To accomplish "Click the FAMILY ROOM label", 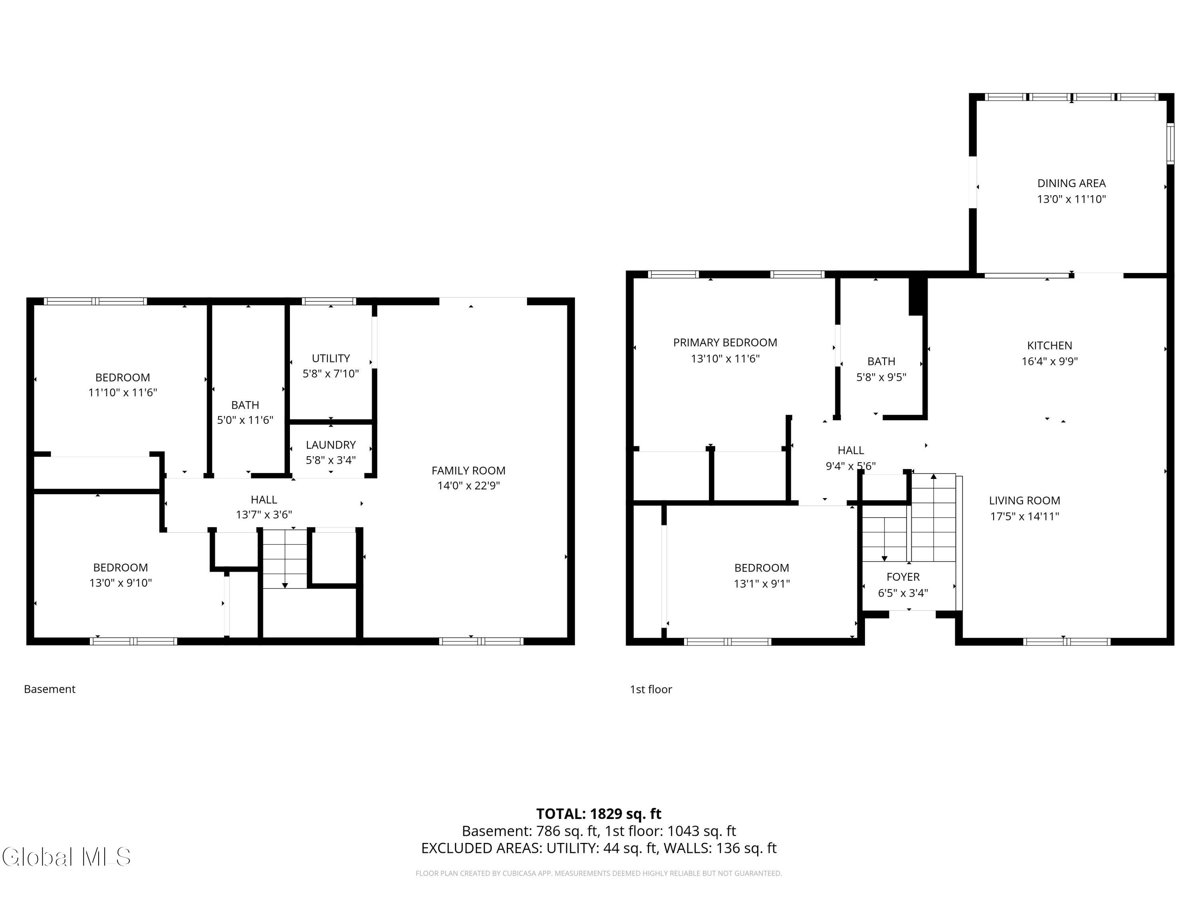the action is [x=468, y=471].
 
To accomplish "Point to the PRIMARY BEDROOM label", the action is [x=725, y=342].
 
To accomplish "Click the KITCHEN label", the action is [x=1049, y=345].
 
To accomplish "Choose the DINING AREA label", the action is [x=1071, y=184].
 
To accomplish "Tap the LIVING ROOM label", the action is [x=1025, y=501].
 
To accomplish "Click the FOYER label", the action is [x=903, y=577].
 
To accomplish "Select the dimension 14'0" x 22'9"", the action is [x=468, y=486].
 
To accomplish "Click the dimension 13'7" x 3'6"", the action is [x=264, y=515].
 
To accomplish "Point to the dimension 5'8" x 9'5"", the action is [x=881, y=377].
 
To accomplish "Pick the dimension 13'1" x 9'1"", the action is [x=762, y=584].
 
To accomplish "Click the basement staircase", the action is [x=285, y=559].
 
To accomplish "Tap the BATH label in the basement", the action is [x=245, y=405].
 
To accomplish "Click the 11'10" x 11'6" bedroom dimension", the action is [x=123, y=392].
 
